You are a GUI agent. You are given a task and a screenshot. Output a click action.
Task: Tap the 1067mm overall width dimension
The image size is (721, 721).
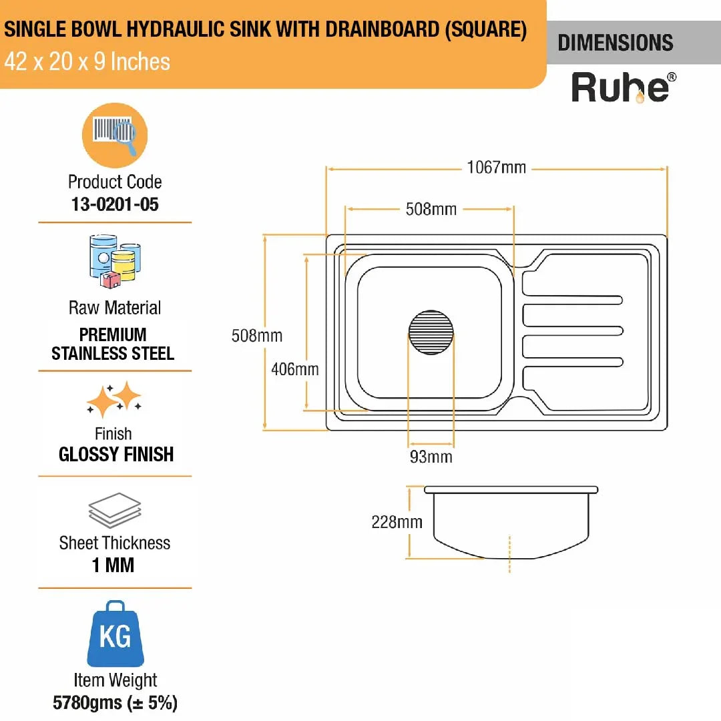[x=496, y=168]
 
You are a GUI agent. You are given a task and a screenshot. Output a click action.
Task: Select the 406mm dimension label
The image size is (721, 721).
[x=294, y=369]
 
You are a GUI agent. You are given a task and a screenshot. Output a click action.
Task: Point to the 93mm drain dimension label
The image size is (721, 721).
[x=431, y=457]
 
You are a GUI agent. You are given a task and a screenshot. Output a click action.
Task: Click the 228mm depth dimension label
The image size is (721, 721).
[x=397, y=521]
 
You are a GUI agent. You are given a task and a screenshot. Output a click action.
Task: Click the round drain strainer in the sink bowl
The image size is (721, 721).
[x=431, y=332]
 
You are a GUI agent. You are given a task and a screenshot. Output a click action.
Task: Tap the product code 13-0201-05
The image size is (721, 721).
[x=115, y=204]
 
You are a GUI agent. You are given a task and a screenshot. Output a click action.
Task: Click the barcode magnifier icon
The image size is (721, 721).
[x=115, y=135]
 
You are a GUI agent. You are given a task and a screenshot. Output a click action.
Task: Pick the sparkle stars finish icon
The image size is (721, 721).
[x=114, y=399]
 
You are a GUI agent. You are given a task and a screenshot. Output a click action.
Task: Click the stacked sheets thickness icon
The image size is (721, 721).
[x=115, y=511]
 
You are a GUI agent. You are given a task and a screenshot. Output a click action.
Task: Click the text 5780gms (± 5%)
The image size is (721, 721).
[x=115, y=702]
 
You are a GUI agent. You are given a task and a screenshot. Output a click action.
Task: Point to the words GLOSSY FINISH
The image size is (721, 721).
[x=115, y=455]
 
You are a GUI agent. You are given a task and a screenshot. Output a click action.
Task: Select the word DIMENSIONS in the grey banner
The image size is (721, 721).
[x=616, y=43]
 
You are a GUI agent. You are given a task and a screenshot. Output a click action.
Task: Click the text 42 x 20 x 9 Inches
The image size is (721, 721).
[x=87, y=62]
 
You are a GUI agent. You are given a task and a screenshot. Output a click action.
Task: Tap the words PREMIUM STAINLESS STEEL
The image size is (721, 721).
[x=113, y=344]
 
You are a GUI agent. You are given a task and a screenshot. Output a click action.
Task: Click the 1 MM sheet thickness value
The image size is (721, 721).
[x=113, y=565]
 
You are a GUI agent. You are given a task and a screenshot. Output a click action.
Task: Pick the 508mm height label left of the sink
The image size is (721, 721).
[x=257, y=335]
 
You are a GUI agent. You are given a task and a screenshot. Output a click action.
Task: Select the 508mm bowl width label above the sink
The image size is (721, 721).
[x=431, y=209]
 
